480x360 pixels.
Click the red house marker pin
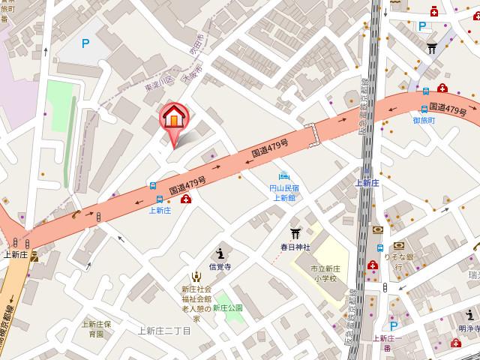coord(173,118)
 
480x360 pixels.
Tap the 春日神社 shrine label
coord(295,244)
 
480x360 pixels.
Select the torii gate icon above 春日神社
coord(295,231)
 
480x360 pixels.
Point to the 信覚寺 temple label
coord(219,266)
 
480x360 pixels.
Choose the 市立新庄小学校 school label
coord(325,272)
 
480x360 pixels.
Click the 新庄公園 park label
coord(227,307)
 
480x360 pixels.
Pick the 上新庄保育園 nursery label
coord(97,328)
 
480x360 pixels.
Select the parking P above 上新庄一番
coord(393,325)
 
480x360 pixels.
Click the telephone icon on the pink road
coord(76,215)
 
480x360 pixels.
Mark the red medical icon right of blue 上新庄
coord(184,199)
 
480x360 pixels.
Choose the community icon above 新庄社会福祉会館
coord(196,277)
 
